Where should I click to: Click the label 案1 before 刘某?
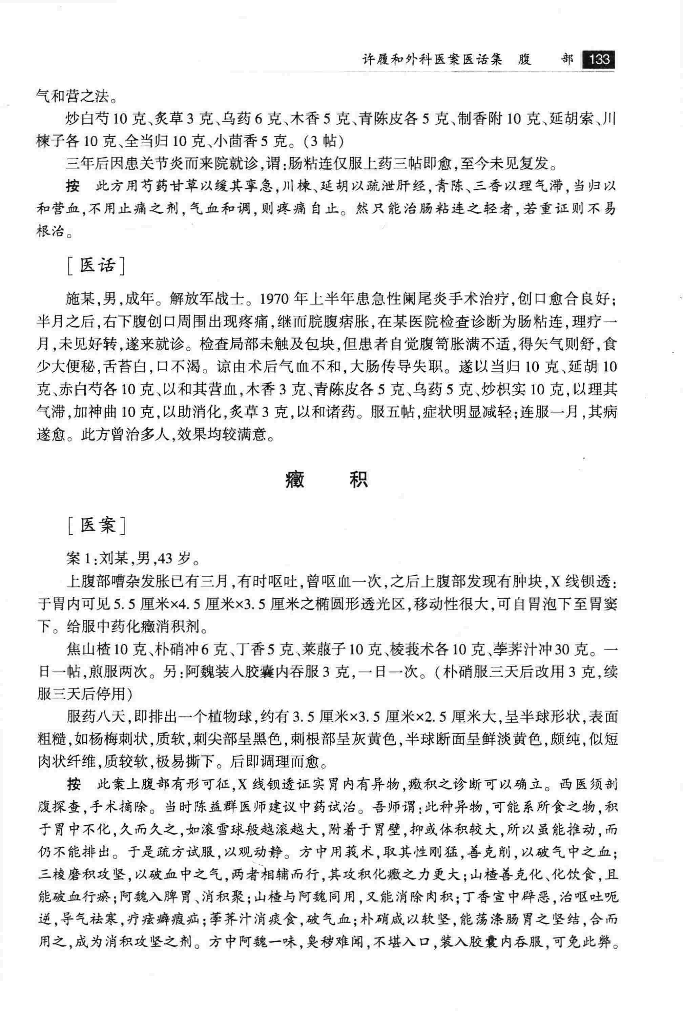[x=81, y=559]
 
